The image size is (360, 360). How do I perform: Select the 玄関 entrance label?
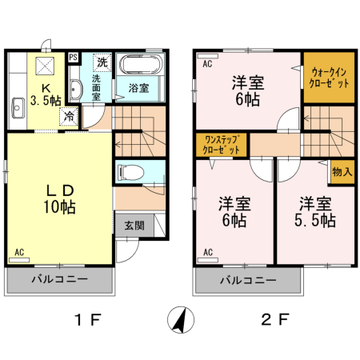134,226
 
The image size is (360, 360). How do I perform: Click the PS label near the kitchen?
74,57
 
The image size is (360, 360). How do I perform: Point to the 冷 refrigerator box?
70,115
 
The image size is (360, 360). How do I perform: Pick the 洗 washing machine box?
102,61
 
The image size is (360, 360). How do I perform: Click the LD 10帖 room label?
58,198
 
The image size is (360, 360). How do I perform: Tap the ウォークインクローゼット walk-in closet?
329,78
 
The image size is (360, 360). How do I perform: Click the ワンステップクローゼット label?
222,145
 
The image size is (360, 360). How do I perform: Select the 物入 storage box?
342,172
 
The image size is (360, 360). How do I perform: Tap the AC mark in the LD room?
18,253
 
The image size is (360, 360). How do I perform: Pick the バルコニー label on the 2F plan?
248,280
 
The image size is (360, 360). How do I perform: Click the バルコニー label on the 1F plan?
60,280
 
